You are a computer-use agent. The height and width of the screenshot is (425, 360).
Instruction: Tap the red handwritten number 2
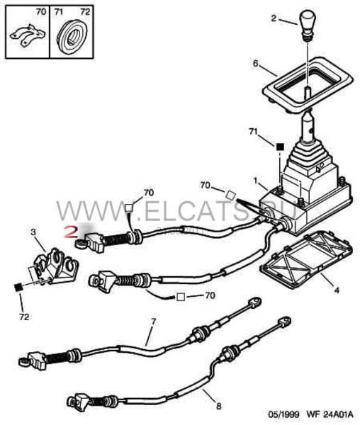click(71, 232)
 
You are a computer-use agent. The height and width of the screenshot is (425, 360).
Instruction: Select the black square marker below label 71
click(280, 147)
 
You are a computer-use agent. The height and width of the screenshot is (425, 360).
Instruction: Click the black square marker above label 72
click(18, 287)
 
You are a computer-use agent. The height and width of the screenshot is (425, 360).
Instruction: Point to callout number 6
click(256, 64)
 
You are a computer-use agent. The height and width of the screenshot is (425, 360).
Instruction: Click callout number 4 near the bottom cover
click(336, 290)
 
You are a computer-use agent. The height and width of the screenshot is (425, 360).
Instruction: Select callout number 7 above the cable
click(154, 322)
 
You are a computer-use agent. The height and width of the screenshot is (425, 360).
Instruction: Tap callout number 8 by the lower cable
click(218, 406)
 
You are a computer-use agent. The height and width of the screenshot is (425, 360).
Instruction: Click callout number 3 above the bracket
click(33, 232)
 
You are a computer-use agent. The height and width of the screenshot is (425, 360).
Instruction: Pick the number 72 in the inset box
click(85, 12)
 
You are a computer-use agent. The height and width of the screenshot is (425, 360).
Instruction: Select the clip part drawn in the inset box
click(28, 35)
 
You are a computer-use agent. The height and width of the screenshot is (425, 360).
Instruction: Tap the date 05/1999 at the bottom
click(284, 414)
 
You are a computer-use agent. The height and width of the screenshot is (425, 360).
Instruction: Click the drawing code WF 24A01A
click(330, 414)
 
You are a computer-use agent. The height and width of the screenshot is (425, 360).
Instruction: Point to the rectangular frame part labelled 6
click(308, 84)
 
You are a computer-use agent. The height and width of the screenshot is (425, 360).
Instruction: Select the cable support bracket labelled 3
click(55, 266)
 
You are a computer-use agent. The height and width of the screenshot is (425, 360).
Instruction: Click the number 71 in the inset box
click(58, 12)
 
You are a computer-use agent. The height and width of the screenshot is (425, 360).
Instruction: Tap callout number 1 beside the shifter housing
click(255, 181)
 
